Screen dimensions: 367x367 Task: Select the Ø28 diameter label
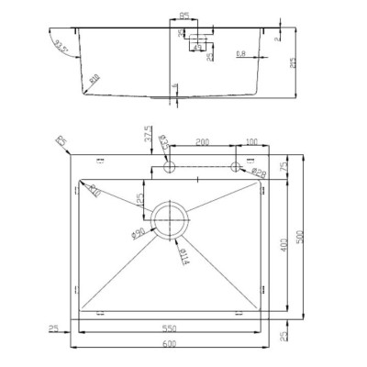(258, 174)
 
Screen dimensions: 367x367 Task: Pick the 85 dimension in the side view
(184, 17)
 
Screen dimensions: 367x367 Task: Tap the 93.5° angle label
(61, 46)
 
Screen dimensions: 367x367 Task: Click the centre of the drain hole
(171, 220)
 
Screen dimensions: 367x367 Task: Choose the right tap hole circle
(235, 167)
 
